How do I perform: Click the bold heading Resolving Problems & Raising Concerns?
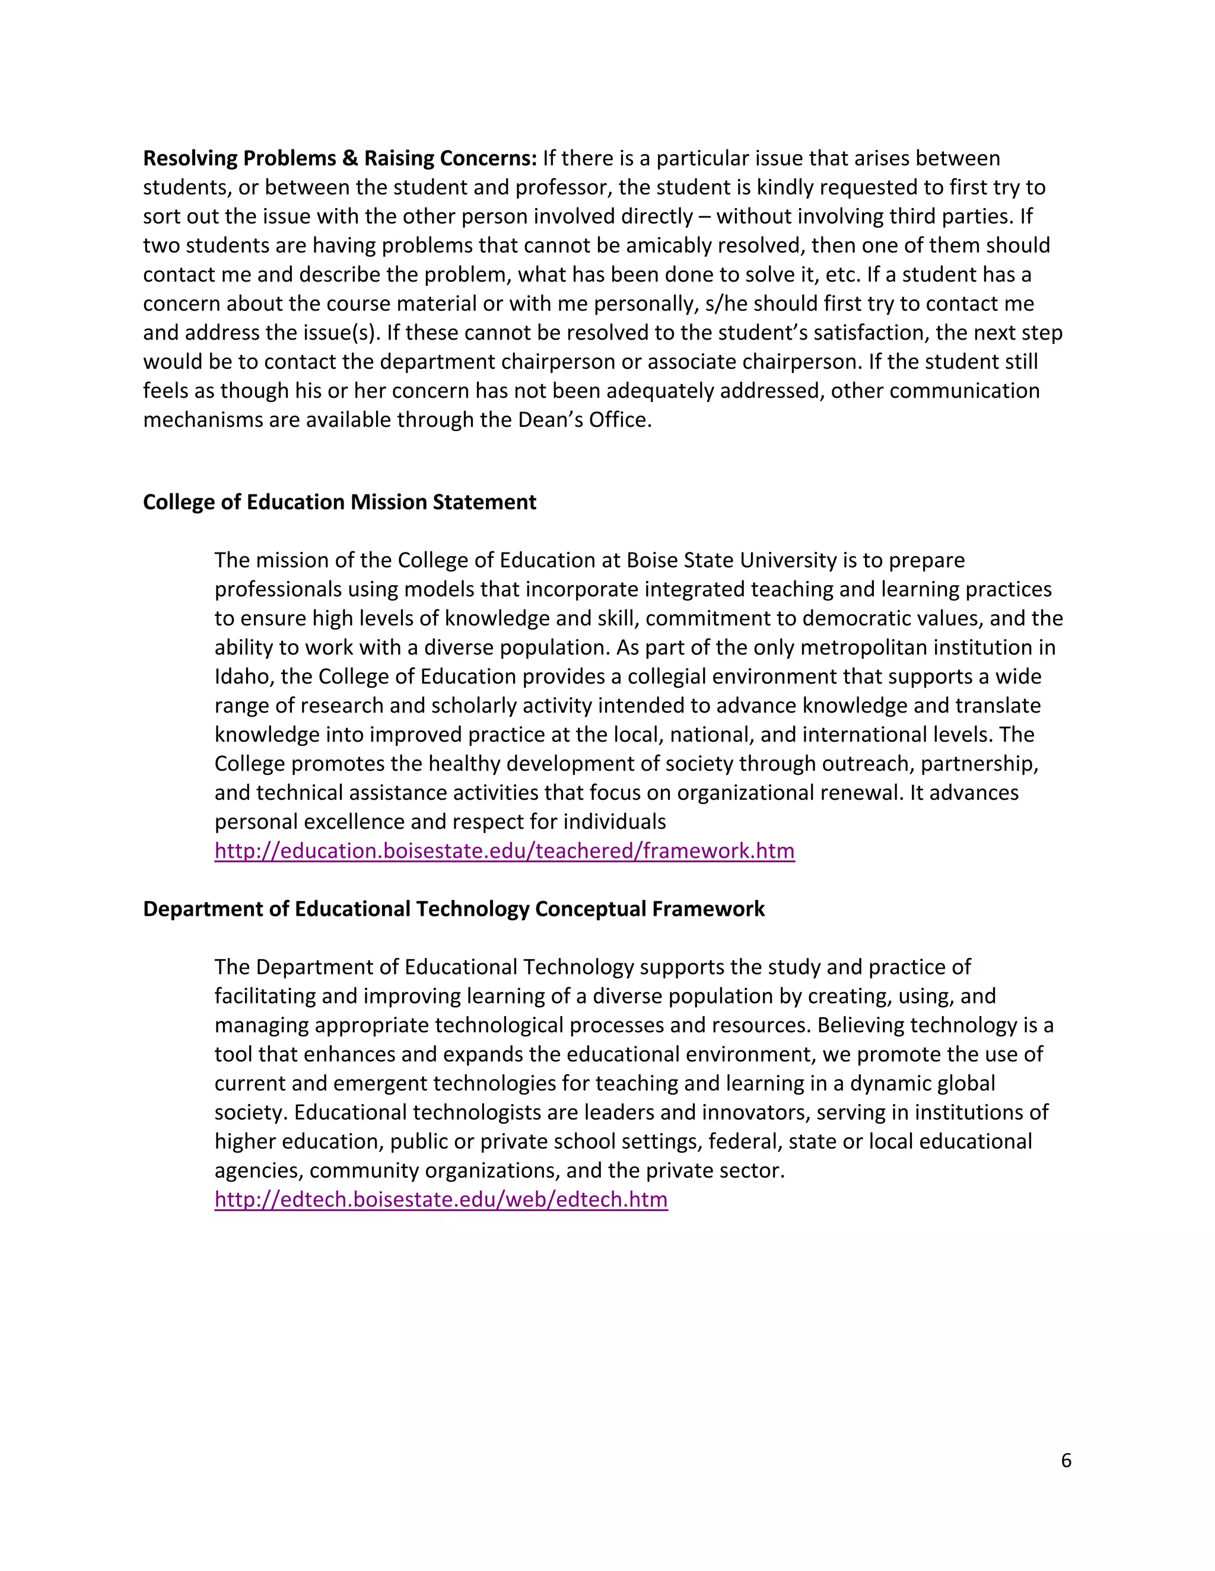(340, 158)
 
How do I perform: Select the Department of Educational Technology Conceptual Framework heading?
(453, 909)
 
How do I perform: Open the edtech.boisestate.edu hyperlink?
(441, 1200)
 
